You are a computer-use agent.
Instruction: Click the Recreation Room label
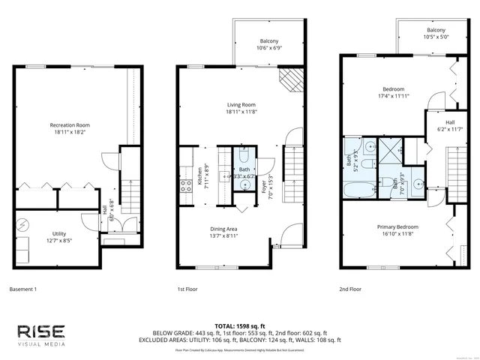(66, 124)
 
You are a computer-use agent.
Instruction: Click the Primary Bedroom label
(397, 226)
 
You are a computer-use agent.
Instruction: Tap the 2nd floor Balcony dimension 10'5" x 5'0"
(436, 36)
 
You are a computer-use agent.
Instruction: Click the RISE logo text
(41, 331)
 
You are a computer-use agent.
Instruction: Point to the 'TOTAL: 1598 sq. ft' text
(239, 325)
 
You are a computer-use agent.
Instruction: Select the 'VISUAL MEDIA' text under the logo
(41, 346)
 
